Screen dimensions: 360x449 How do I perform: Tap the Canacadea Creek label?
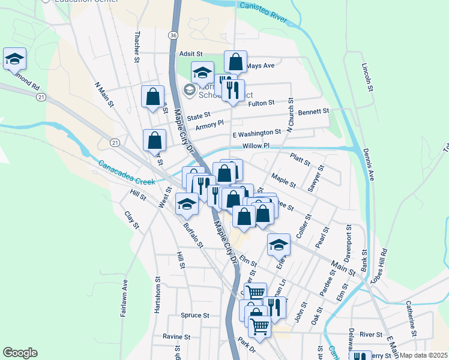(x=127, y=172)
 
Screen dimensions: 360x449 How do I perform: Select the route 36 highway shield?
(x=173, y=36)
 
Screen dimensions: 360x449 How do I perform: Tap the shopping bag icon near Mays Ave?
(x=236, y=62)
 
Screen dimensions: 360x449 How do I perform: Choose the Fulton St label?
(x=261, y=103)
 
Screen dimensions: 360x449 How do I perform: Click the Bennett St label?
(x=314, y=112)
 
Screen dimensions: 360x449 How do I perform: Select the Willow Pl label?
(x=256, y=146)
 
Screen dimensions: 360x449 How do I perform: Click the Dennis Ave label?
(x=371, y=166)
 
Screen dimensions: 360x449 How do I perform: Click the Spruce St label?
(x=194, y=315)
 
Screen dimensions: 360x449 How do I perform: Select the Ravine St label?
(x=176, y=337)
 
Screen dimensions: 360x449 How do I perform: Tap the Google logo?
(x=20, y=353)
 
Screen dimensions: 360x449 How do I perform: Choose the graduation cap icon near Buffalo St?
(x=187, y=204)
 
